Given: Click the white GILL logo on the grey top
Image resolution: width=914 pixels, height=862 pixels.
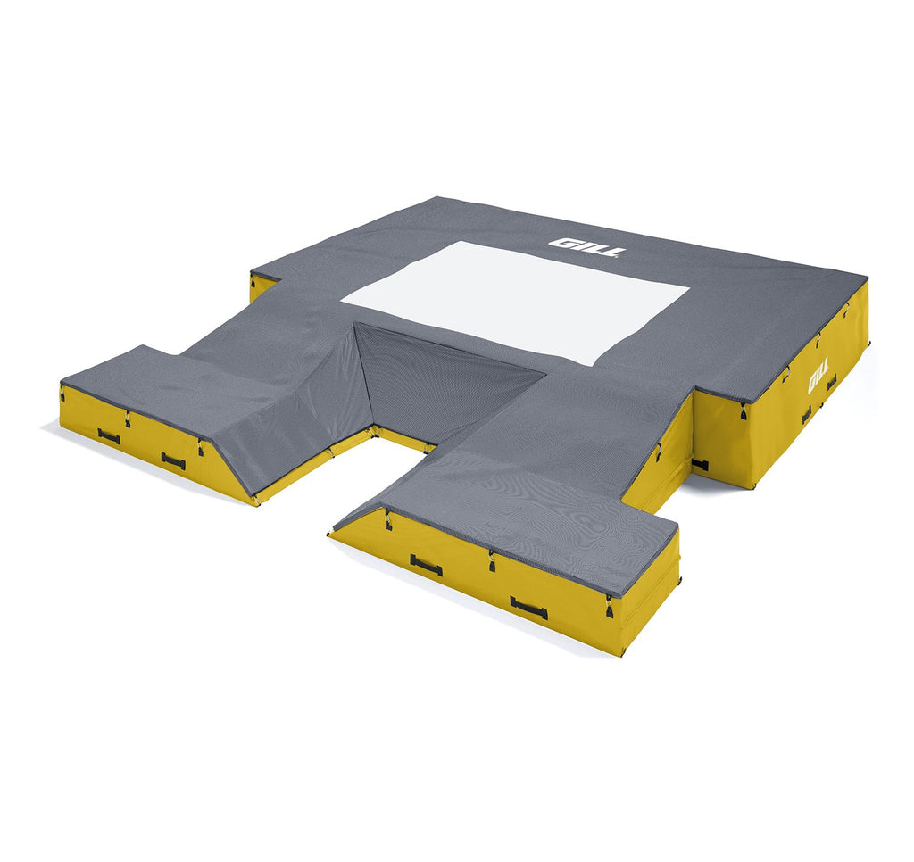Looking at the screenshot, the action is pos(587,248).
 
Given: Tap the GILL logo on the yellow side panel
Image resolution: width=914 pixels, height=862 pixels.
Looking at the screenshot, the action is pos(819,381).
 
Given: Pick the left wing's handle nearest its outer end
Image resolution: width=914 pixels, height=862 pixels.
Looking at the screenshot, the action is pos(109,436).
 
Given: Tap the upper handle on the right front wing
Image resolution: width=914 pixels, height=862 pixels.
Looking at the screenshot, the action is pos(426,565).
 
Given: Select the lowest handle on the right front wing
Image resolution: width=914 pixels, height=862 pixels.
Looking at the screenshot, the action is pos(528,608).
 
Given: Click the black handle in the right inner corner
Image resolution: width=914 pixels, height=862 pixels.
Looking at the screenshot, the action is pos(700,465).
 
